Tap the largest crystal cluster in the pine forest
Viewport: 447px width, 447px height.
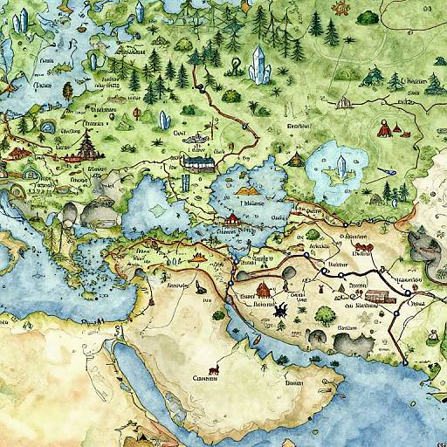[x=259, y=63]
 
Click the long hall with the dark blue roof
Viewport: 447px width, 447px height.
[x=200, y=162]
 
